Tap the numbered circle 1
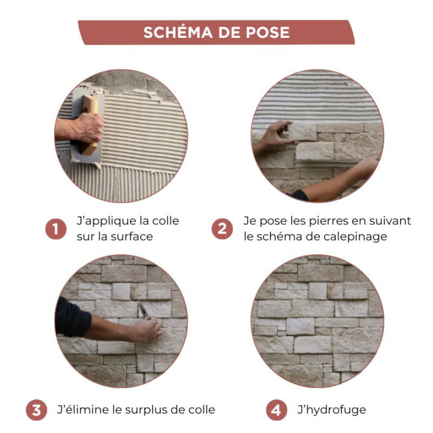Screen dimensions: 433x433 coord(56,229)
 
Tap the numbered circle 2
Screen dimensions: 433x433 coord(222,229)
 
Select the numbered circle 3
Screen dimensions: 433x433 coord(36,411)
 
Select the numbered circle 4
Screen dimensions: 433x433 coord(276,411)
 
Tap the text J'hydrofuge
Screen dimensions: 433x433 coord(331,411)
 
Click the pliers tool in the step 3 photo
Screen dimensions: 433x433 coord(142,310)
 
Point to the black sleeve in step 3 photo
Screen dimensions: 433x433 coord(72,316)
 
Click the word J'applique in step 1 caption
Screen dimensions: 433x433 coord(101,221)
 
